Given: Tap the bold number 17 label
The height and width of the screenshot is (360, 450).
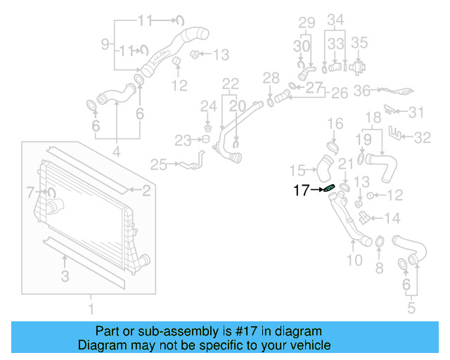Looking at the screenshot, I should [301, 190].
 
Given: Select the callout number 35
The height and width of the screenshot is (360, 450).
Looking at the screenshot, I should [359, 42].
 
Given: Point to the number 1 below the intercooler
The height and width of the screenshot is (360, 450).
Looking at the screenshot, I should [89, 308].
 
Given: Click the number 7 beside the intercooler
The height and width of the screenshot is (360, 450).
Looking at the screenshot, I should [30, 191].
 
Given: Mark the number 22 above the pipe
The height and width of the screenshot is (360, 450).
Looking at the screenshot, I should [231, 84].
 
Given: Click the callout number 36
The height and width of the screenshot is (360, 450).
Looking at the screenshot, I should [361, 90].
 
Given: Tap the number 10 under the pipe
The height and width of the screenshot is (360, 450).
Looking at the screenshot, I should [354, 260].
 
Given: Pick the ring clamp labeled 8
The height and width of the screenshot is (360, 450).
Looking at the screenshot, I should [379, 243].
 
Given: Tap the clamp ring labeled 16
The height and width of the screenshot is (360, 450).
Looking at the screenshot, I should [332, 147].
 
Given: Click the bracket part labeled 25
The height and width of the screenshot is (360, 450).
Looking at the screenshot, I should [192, 163].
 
